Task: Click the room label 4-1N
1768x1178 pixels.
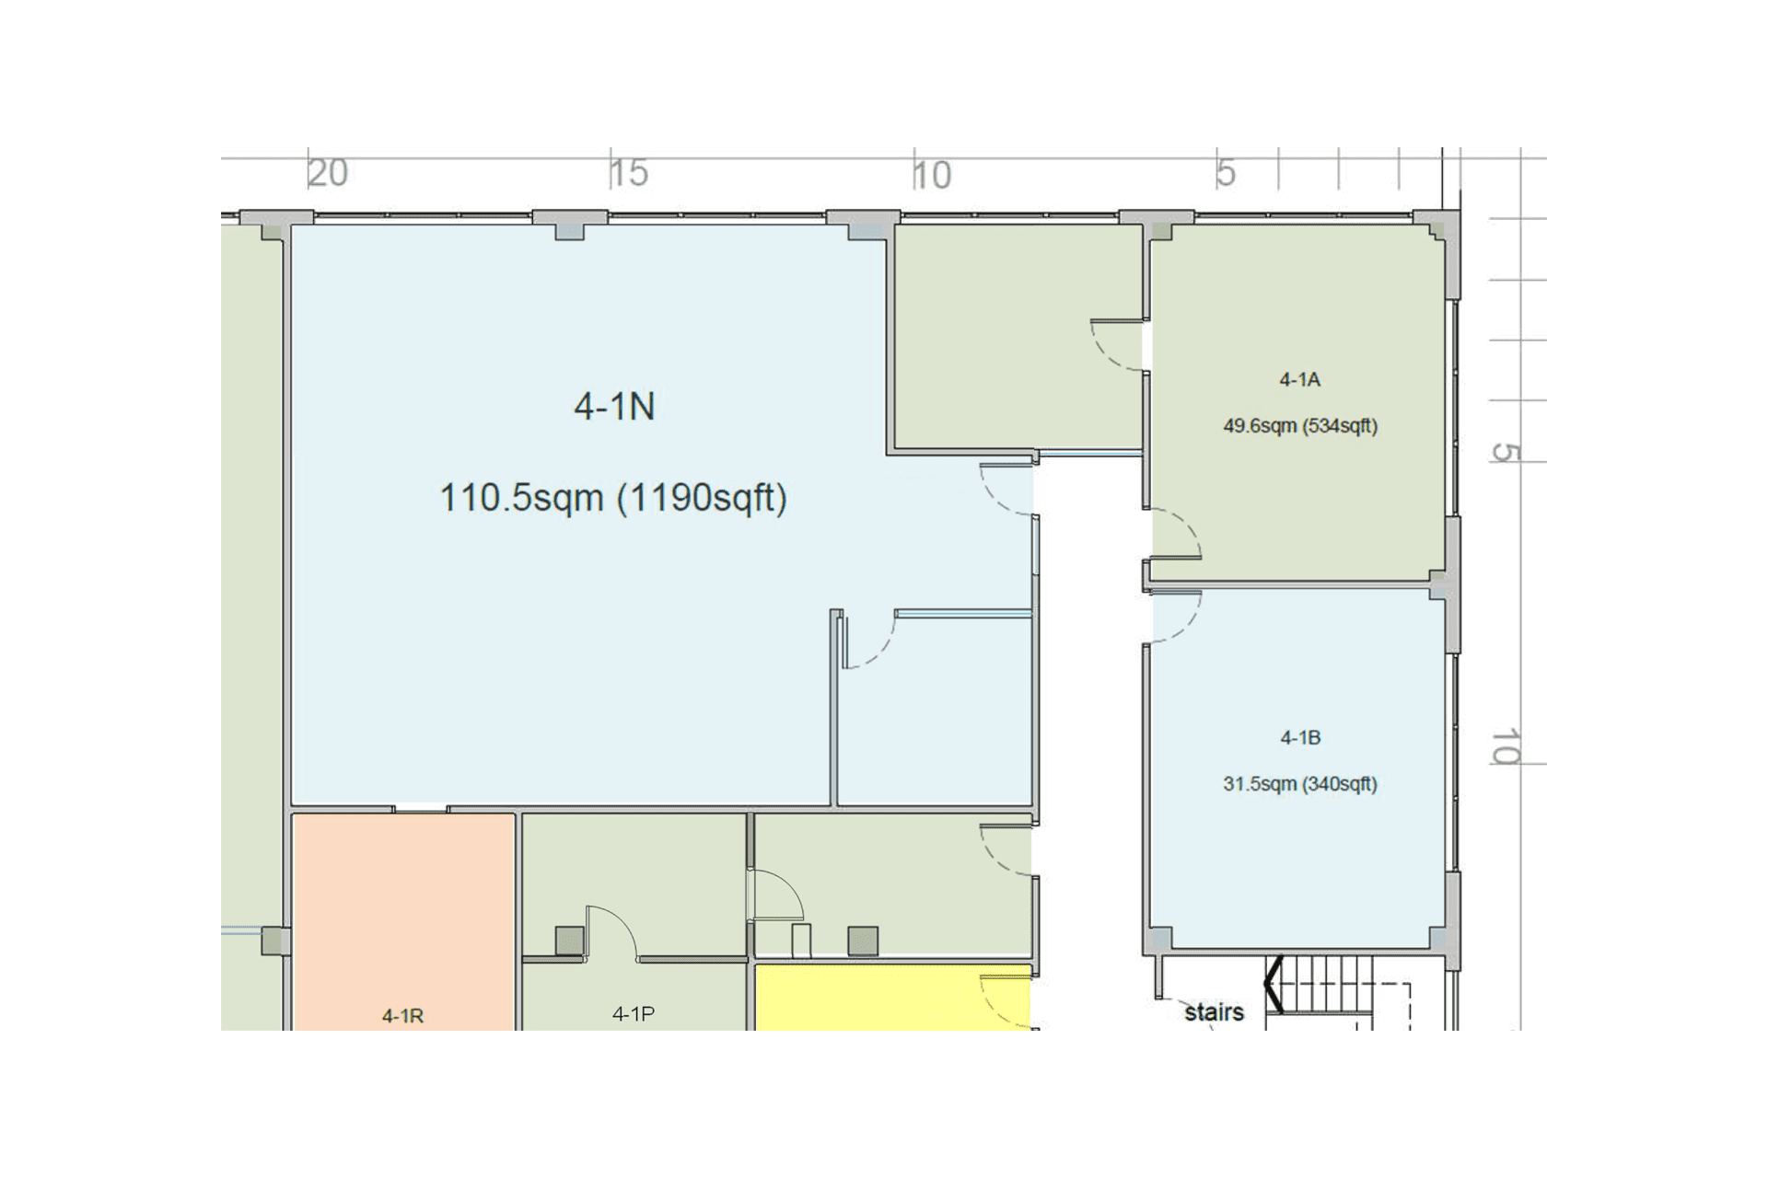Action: pos(614,406)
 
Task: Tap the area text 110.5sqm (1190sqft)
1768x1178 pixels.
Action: pos(613,498)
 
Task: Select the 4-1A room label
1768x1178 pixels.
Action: pos(1300,379)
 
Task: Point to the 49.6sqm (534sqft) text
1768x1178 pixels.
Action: pos(1300,426)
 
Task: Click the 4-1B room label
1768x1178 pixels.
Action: pos(1300,737)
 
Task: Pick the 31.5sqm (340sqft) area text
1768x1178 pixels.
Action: pos(1300,784)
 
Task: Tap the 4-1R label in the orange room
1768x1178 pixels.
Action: pos(403,1016)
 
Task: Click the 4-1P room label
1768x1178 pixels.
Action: pos(634,1014)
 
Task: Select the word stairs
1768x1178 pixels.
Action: pos(1214,1012)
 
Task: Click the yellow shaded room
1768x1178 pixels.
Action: pos(892,998)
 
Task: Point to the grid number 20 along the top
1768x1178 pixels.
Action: pos(328,173)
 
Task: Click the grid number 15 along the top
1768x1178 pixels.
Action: pos(630,173)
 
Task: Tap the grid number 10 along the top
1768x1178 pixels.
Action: pos(932,175)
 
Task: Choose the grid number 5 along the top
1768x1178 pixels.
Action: pos(1226,173)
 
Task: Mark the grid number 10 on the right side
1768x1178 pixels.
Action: pos(1505,746)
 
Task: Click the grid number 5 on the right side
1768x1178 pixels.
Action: pos(1505,453)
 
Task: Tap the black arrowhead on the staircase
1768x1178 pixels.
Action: pos(1273,984)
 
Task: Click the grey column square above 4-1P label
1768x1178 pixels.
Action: pos(569,941)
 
